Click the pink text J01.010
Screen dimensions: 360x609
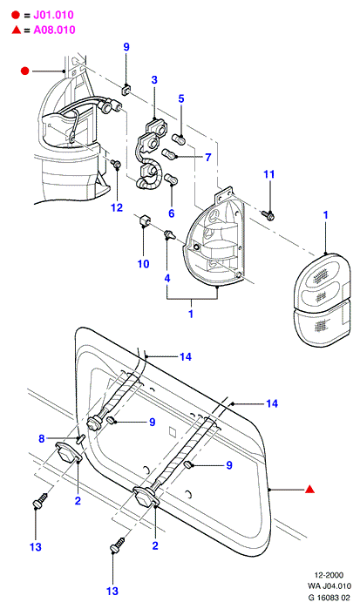click(x=53, y=15)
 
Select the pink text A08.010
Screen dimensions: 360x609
click(x=54, y=30)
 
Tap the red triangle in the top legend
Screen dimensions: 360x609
click(x=17, y=30)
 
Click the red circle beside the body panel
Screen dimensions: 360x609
click(x=25, y=71)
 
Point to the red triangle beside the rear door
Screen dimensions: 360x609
click(x=309, y=490)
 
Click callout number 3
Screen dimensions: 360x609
click(x=154, y=80)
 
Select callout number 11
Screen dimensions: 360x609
click(x=269, y=174)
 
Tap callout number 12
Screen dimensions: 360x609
click(x=117, y=207)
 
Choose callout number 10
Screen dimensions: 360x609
click(x=143, y=264)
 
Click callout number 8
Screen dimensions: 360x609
click(x=42, y=438)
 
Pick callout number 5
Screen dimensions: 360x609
click(x=181, y=98)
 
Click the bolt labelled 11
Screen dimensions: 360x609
click(x=268, y=215)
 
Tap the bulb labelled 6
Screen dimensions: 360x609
click(x=171, y=179)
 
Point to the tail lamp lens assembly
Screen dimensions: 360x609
click(x=322, y=299)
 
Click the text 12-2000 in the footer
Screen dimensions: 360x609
click(x=329, y=575)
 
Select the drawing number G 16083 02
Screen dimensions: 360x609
click(x=329, y=597)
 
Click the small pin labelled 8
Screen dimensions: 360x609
click(x=80, y=439)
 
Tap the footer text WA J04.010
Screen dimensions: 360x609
click(x=329, y=586)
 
